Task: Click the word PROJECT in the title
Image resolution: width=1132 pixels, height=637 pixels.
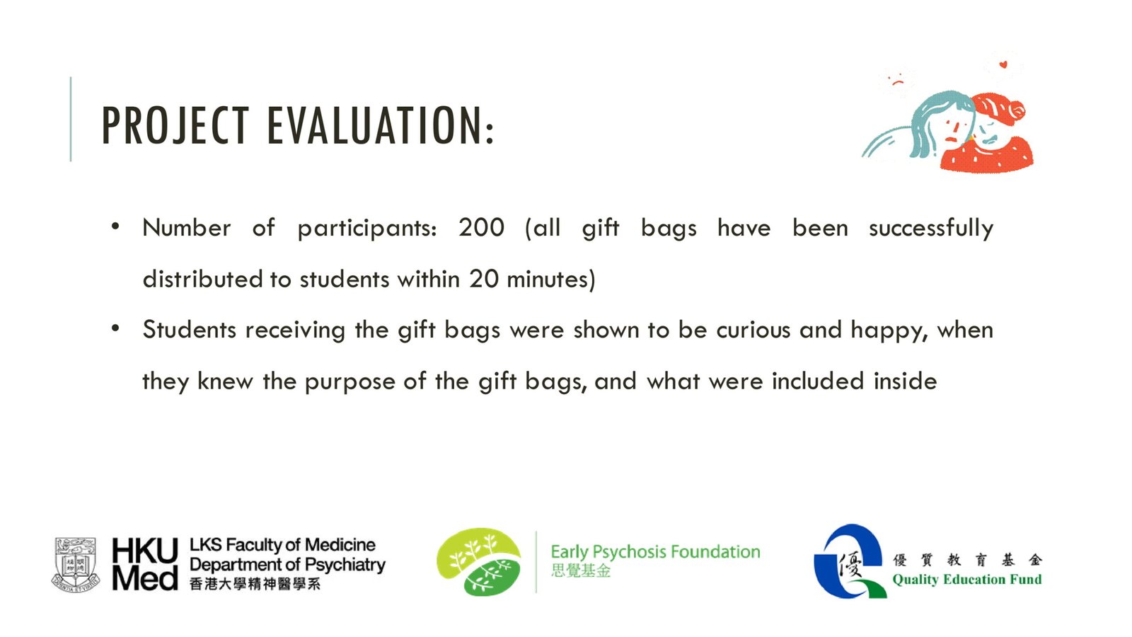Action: (x=175, y=125)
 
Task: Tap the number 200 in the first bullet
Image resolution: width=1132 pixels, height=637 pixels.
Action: (x=481, y=227)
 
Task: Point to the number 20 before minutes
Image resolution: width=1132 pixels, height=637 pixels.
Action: (x=484, y=279)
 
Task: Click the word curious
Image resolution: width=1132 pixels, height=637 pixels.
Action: (x=753, y=330)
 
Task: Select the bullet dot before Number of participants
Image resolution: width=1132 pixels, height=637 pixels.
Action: (x=115, y=226)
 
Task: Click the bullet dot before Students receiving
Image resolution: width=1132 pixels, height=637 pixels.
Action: (x=115, y=328)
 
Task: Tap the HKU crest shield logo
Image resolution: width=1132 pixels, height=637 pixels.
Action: (x=76, y=565)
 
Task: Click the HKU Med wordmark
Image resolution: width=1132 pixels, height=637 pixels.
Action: (x=145, y=564)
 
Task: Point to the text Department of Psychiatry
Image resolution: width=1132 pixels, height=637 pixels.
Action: (x=287, y=564)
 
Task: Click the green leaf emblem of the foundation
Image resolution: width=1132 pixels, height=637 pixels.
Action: (x=478, y=562)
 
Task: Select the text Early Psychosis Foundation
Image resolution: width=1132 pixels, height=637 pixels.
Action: (x=655, y=551)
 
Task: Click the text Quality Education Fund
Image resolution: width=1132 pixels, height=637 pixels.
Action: (x=966, y=580)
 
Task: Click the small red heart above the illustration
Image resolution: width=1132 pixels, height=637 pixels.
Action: (x=1003, y=64)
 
